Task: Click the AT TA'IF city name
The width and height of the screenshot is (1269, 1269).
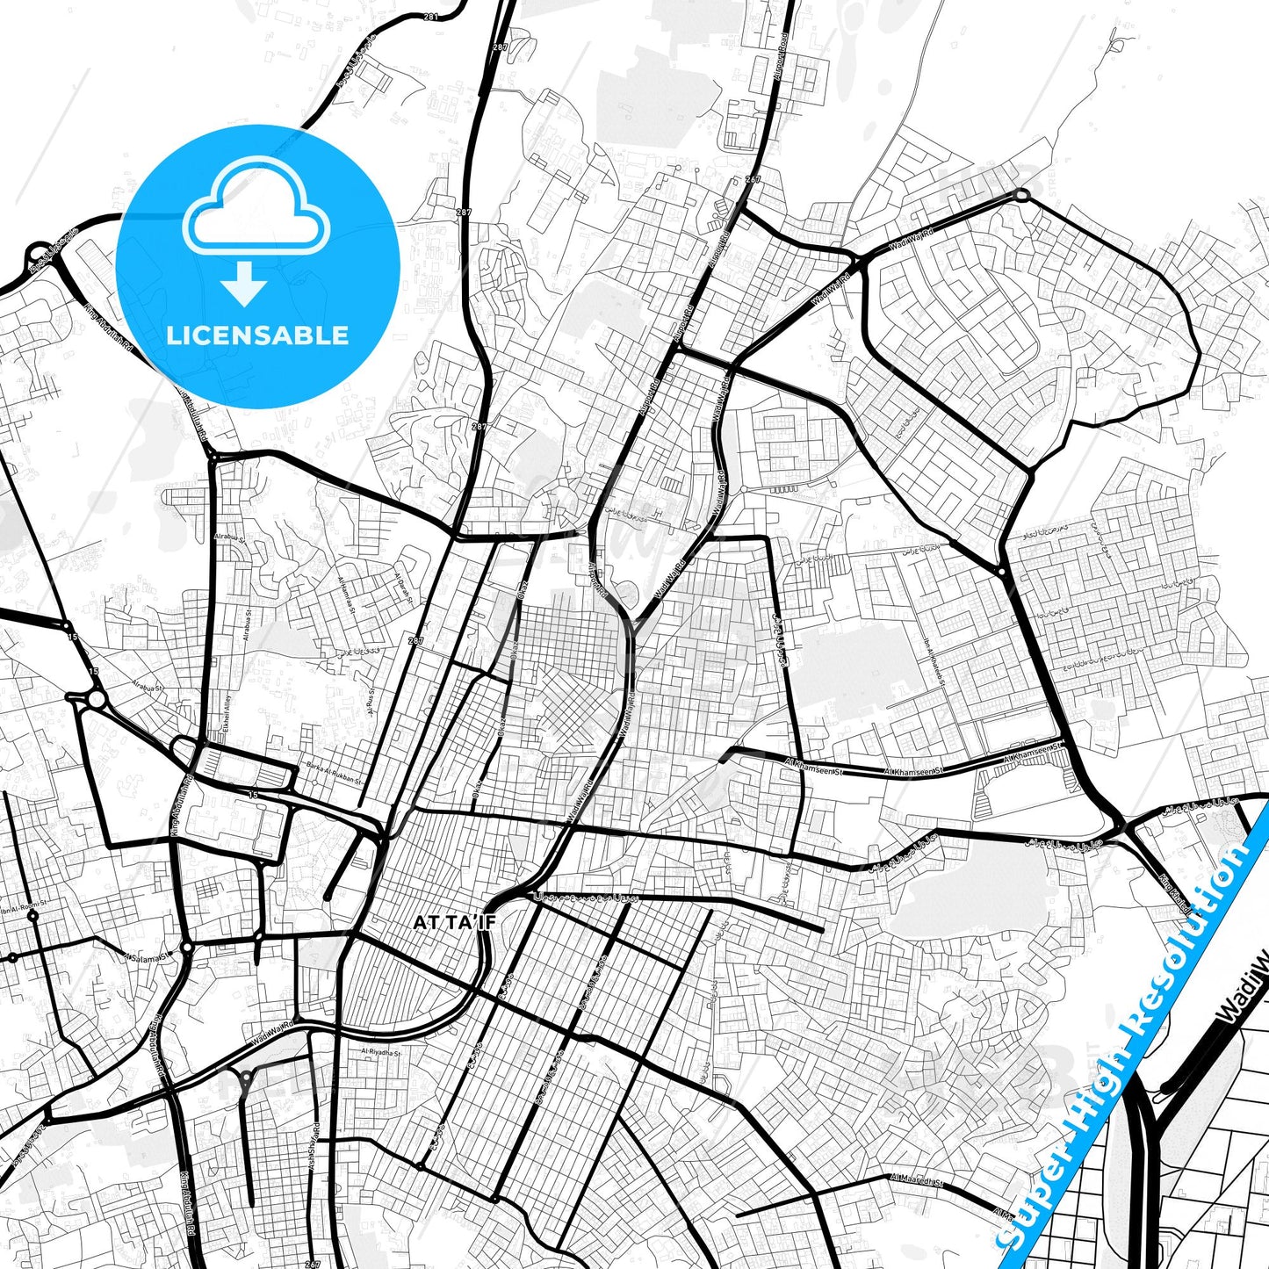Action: pos(445,922)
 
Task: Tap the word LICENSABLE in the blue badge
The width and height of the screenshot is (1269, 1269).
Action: pos(257,335)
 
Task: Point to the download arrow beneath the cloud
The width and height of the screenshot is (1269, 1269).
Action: pos(244,283)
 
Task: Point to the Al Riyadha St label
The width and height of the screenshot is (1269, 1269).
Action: pos(380,1051)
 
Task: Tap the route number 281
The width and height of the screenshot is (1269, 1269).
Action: pos(430,16)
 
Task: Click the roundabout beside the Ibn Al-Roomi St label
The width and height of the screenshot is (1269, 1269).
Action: pos(32,916)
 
